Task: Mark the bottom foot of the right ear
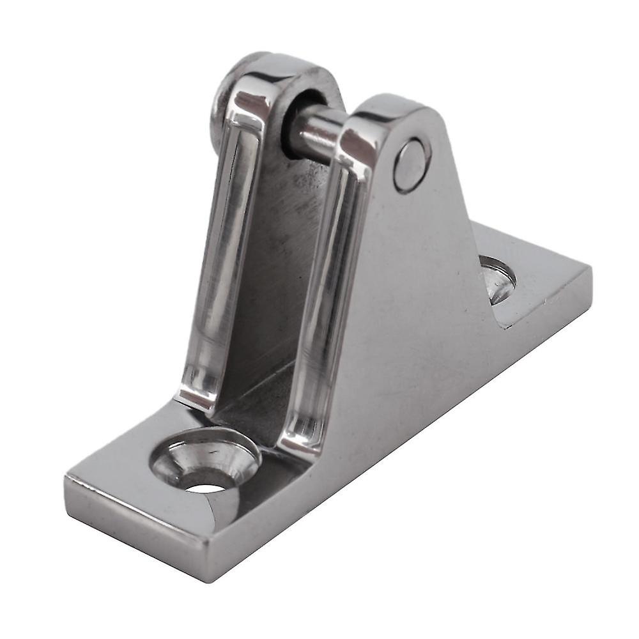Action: (300, 441)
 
